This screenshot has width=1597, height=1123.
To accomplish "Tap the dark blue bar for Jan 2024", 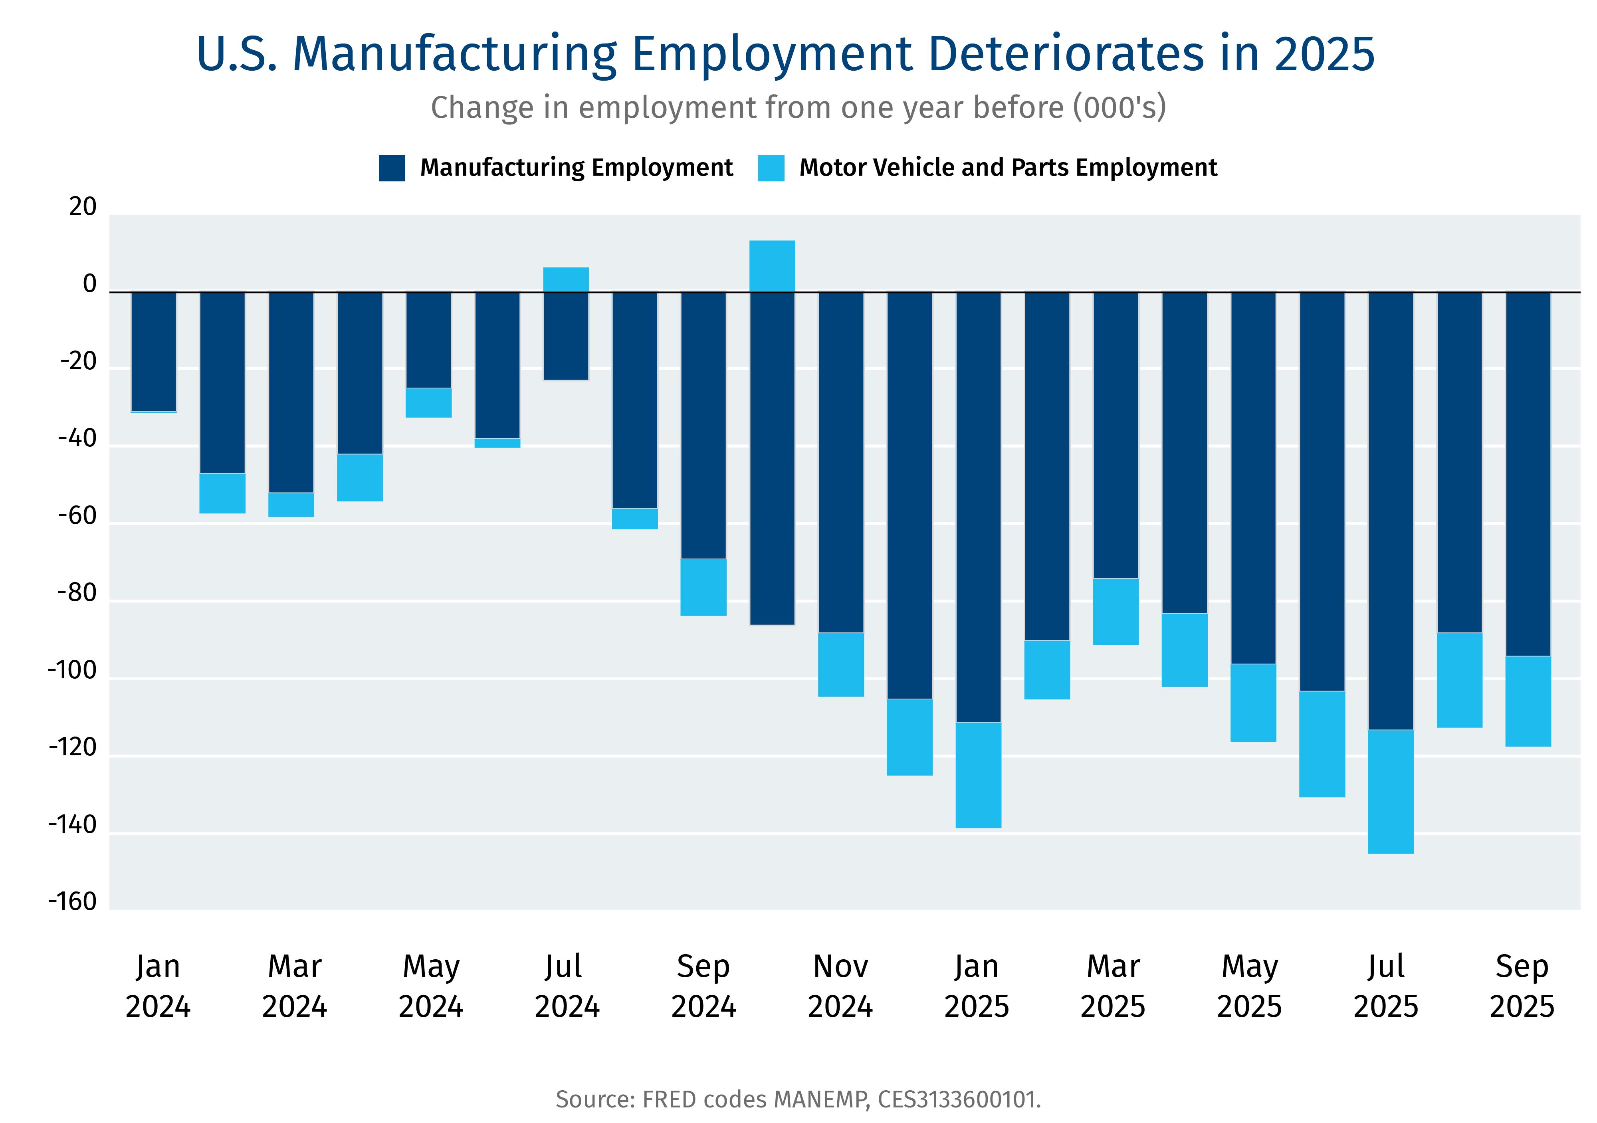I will coord(154,351).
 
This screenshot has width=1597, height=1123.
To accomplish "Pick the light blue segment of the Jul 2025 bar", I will coord(1391,791).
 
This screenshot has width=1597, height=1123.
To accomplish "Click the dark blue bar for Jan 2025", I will coord(978,506).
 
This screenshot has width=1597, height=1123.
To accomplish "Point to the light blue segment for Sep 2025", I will coord(1528,701).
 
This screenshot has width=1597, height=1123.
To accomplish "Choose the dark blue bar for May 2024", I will coord(428,339).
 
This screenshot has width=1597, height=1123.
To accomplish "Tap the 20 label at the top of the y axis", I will coord(83,207).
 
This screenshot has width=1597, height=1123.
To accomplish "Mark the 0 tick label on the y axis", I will coord(89,284).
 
